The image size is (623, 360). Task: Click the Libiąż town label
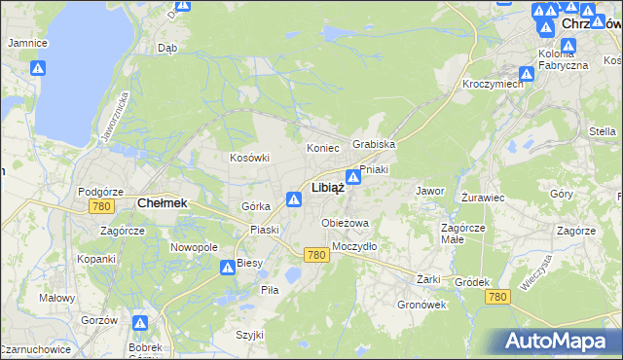pos(327,188)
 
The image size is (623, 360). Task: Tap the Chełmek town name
pos(162,203)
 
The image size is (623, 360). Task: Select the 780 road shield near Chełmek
pos(100,207)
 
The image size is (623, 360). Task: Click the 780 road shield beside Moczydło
pos(314,255)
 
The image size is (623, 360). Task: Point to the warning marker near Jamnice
pos(38,68)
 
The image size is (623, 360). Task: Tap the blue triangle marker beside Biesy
pos(226,266)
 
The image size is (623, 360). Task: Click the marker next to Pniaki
pos(354,178)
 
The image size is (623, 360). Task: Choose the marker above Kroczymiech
pos(527,73)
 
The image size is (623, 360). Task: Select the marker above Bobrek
pos(140,323)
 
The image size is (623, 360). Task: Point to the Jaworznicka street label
pos(114,120)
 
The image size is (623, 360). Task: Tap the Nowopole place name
pos(195,248)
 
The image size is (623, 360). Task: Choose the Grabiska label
pos(374,144)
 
